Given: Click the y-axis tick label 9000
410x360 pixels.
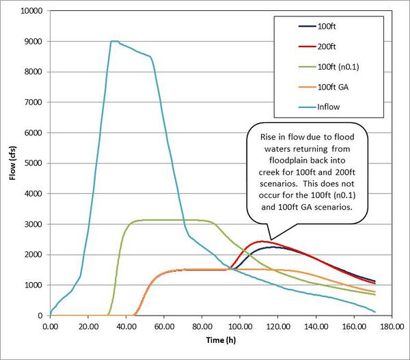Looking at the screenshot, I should pyautogui.click(x=31, y=42).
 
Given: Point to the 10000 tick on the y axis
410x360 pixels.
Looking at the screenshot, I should pyautogui.click(x=29, y=12).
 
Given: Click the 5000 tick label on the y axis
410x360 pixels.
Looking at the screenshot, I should pyautogui.click(x=31, y=163).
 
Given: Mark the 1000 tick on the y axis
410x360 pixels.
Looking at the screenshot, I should pyautogui.click(x=31, y=286).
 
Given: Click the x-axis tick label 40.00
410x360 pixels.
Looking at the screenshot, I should pyautogui.click(x=126, y=327).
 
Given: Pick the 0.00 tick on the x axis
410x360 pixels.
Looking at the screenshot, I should pyautogui.click(x=51, y=327).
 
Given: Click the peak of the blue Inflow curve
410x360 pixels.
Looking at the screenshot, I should pyautogui.click(x=113, y=41).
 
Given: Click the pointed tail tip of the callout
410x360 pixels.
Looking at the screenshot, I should pyautogui.click(x=271, y=240).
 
